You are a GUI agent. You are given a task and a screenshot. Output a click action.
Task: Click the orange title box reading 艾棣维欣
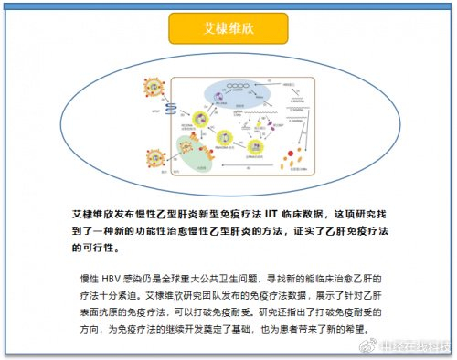pyautogui.click(x=228, y=28)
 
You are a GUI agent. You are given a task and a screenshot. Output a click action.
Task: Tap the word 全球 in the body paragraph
pyautogui.click(x=188, y=278)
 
